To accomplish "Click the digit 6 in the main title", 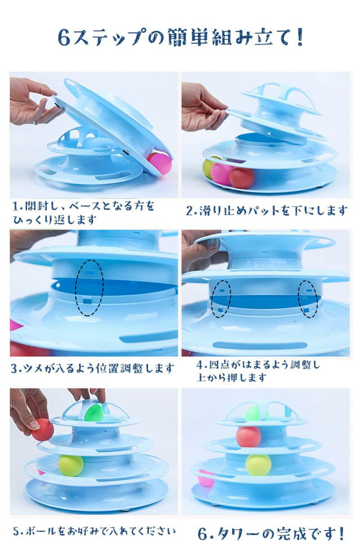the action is click(64, 37).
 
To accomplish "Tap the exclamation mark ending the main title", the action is click(299, 37).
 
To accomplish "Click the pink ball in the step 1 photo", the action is click(161, 164).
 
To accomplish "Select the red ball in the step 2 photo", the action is click(242, 178).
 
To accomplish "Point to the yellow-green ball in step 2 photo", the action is click(208, 169).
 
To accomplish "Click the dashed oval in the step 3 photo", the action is click(90, 288).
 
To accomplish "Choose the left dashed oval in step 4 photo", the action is click(221, 299).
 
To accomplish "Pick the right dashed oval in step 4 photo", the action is click(308, 299).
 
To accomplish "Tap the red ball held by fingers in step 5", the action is click(43, 430).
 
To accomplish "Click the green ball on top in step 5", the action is click(94, 413).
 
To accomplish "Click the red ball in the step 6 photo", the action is click(248, 437).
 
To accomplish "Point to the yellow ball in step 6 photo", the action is click(258, 465).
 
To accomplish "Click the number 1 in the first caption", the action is click(15, 207).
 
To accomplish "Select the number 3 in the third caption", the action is click(14, 369).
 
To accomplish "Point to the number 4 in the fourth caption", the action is click(200, 365).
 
